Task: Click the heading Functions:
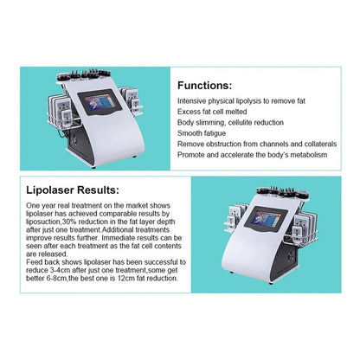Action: (204, 86)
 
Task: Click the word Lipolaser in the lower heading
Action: (50, 190)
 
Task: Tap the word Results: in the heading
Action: (98, 190)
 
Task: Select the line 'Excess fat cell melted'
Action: (212, 112)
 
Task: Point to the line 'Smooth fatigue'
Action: (202, 133)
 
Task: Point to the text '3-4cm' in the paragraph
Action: (61, 271)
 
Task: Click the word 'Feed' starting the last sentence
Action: (34, 262)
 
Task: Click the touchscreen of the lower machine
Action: (266, 218)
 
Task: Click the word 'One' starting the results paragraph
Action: (33, 206)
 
